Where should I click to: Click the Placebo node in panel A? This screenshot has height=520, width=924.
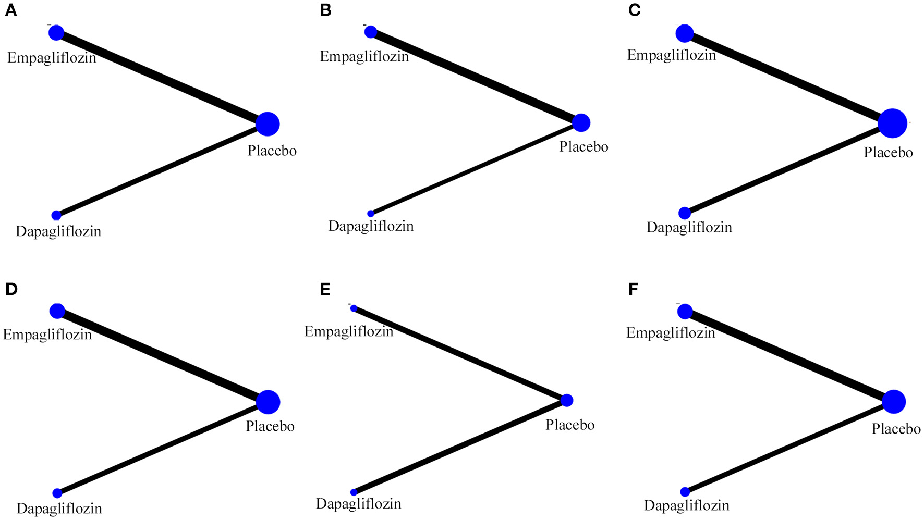268,124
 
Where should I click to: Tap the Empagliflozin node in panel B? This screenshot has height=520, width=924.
370,32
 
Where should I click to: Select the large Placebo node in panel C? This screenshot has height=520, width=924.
892,123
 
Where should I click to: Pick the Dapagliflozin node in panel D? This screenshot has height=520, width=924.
57,493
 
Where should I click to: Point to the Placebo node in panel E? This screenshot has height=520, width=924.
567,400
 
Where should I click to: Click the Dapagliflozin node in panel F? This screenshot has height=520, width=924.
685,491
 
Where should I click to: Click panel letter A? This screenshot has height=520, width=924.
11,10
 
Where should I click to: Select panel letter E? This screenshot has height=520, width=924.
325,289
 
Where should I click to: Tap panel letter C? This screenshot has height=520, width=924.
634,10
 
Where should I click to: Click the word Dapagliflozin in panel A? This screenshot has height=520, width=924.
58,231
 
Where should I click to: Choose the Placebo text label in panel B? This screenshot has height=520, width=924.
583,147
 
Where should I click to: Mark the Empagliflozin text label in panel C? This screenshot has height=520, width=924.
671,55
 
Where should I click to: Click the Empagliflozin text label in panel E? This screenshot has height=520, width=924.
349,331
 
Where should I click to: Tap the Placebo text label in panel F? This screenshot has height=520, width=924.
896,429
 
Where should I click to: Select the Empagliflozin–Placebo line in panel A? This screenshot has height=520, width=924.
162,78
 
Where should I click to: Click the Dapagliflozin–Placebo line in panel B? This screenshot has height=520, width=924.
475,168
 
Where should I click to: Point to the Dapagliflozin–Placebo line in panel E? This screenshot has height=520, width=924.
459,447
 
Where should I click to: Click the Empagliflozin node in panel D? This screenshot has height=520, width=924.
57,311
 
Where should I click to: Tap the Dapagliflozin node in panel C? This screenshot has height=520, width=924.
685,213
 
